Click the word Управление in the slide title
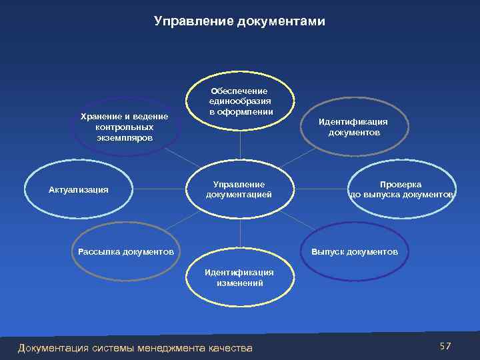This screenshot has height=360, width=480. (193, 22)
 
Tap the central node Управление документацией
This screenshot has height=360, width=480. (239, 189)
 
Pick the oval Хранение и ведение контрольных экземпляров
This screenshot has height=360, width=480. (124, 127)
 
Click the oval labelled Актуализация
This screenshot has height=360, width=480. (79, 189)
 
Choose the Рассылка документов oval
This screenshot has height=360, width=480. (126, 251)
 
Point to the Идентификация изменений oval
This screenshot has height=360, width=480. (239, 277)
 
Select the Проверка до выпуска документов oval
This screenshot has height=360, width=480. (401, 189)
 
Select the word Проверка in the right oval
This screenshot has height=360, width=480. (401, 184)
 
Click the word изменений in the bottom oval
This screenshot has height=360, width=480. (239, 283)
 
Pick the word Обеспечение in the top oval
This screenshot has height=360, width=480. (239, 90)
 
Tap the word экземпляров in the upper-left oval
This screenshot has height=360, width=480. (124, 137)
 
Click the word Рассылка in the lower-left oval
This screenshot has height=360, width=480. (101, 251)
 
